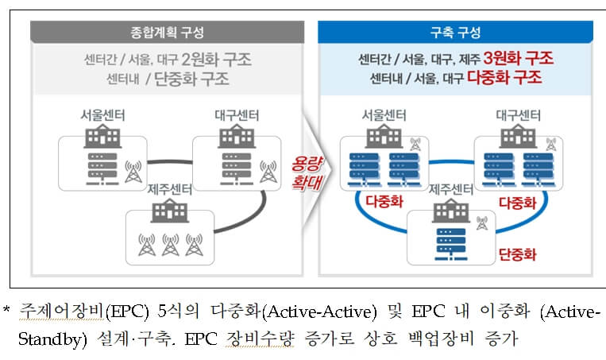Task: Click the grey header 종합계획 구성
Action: click(167, 33)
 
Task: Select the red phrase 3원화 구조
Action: click(523, 59)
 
